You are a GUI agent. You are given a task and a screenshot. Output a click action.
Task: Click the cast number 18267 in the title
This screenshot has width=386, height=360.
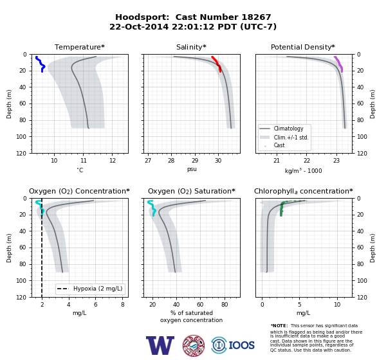click(x=256, y=17)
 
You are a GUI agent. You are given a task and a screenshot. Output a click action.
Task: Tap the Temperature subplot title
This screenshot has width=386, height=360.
click(x=80, y=47)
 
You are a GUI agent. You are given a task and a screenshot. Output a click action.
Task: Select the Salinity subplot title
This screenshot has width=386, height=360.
click(x=191, y=47)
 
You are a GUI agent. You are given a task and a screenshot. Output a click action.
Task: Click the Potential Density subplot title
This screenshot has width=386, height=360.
click(x=303, y=47)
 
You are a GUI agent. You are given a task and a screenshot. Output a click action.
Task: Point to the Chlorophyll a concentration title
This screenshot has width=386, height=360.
click(x=303, y=191)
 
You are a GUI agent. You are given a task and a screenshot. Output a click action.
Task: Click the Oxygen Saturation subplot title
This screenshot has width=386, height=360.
click(x=192, y=191)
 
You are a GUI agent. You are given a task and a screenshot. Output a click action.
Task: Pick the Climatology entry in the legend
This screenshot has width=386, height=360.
click(x=288, y=129)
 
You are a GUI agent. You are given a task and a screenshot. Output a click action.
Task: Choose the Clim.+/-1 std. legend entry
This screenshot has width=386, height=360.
click(x=291, y=138)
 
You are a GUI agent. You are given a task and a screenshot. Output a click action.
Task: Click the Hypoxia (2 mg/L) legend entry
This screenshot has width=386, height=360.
click(x=98, y=289)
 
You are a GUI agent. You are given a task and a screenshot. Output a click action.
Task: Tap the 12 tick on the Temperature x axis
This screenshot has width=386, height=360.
click(x=113, y=161)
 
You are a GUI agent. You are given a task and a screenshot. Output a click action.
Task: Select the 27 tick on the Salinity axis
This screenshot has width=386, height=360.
click(x=148, y=161)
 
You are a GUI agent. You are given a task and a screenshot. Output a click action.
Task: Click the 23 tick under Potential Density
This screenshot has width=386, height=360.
click(x=336, y=161)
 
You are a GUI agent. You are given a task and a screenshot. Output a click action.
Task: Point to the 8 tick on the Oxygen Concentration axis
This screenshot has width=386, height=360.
click(x=123, y=304)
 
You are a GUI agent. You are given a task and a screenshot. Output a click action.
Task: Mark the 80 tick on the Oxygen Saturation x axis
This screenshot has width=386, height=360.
click(x=225, y=304)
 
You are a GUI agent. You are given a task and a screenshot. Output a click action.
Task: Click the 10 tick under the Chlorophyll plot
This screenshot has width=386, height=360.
click(x=337, y=304)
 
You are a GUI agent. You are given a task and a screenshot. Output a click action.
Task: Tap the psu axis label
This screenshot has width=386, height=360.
click(x=192, y=169)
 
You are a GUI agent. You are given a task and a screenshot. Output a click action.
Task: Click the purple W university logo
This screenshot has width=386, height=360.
click(x=160, y=345)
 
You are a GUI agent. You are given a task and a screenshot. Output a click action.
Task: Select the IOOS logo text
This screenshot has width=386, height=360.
click(x=241, y=345)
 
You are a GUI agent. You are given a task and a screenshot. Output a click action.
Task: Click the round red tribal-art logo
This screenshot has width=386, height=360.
click(x=194, y=345)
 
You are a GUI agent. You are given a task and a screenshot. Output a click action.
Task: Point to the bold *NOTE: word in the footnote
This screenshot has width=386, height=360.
click(x=279, y=325)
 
